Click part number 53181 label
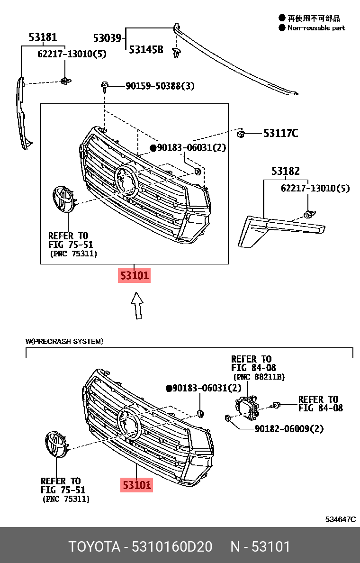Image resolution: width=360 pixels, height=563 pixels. (x=43, y=37)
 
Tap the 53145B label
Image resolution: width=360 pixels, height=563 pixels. (x=146, y=49)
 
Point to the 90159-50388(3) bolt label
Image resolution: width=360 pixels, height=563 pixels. (x=160, y=86)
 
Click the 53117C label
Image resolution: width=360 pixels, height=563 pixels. (x=280, y=133)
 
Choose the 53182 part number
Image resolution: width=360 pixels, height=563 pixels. (x=285, y=171)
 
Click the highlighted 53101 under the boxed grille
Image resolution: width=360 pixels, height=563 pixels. (x=135, y=275)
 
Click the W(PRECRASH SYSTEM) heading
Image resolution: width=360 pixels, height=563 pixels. (x=64, y=341)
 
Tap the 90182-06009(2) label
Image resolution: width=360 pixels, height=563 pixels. (x=289, y=429)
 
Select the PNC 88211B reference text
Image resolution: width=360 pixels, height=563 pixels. (x=259, y=377)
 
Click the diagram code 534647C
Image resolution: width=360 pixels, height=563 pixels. (x=340, y=519)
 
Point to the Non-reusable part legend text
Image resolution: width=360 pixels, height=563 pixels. (x=316, y=28)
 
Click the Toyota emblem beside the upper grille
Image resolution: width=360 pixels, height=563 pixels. (x=62, y=199)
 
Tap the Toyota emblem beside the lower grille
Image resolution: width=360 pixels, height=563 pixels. (x=56, y=445)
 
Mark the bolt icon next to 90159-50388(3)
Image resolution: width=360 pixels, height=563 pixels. (x=105, y=86)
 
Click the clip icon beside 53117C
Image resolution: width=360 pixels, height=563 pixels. (x=241, y=133)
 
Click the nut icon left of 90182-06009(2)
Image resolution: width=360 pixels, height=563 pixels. (x=228, y=418)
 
